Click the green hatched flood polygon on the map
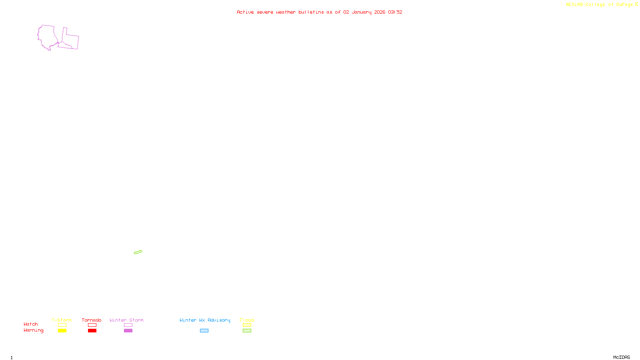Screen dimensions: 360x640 [x=138, y=252]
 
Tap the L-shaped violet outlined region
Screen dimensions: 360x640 [x=71, y=39]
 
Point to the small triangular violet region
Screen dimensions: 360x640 [x=64, y=46]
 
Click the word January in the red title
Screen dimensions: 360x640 [x=361, y=12]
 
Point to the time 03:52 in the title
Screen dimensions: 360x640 [x=395, y=12]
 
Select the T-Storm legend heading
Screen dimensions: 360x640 [x=62, y=320]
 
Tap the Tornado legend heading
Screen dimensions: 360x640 [x=92, y=320]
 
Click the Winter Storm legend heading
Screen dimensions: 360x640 [x=126, y=320]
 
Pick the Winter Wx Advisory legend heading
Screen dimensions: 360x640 [x=205, y=320]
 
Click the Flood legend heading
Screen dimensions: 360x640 [x=247, y=320]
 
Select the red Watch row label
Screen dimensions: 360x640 [x=31, y=324]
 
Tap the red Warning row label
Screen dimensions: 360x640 [x=33, y=330]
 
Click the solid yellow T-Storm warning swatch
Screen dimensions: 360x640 [x=62, y=331]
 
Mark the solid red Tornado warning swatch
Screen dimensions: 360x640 [x=92, y=331]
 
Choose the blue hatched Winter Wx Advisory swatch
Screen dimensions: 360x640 [x=204, y=331]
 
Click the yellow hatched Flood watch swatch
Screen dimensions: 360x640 [x=247, y=325]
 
